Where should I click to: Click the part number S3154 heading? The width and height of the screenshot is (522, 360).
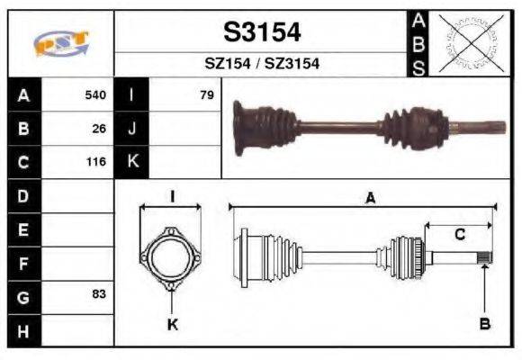pos(261,33)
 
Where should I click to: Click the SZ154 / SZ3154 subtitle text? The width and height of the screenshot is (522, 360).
pos(261,65)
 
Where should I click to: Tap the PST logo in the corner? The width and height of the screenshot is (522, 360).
pos(61,43)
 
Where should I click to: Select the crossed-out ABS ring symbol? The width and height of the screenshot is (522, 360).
pos(467,43)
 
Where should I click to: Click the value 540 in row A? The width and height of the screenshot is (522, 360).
pos(94,94)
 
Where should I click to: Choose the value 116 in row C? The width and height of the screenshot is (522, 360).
pos(94,162)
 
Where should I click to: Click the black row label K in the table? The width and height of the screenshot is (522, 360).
pos(132,162)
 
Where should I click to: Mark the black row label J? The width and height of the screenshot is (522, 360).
pos(132,129)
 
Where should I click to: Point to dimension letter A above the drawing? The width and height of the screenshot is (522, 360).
pos(369,199)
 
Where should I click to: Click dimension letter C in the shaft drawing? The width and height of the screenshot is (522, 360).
pos(459,236)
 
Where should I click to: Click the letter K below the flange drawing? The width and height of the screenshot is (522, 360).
pos(172,324)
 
